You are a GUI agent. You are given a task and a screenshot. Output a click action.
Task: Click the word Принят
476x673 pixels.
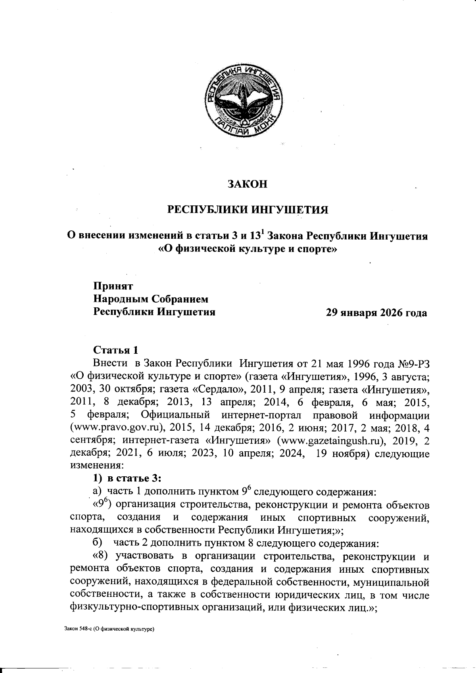click(113, 286)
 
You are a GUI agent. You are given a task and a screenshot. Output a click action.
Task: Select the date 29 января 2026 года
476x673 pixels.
click(376, 313)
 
